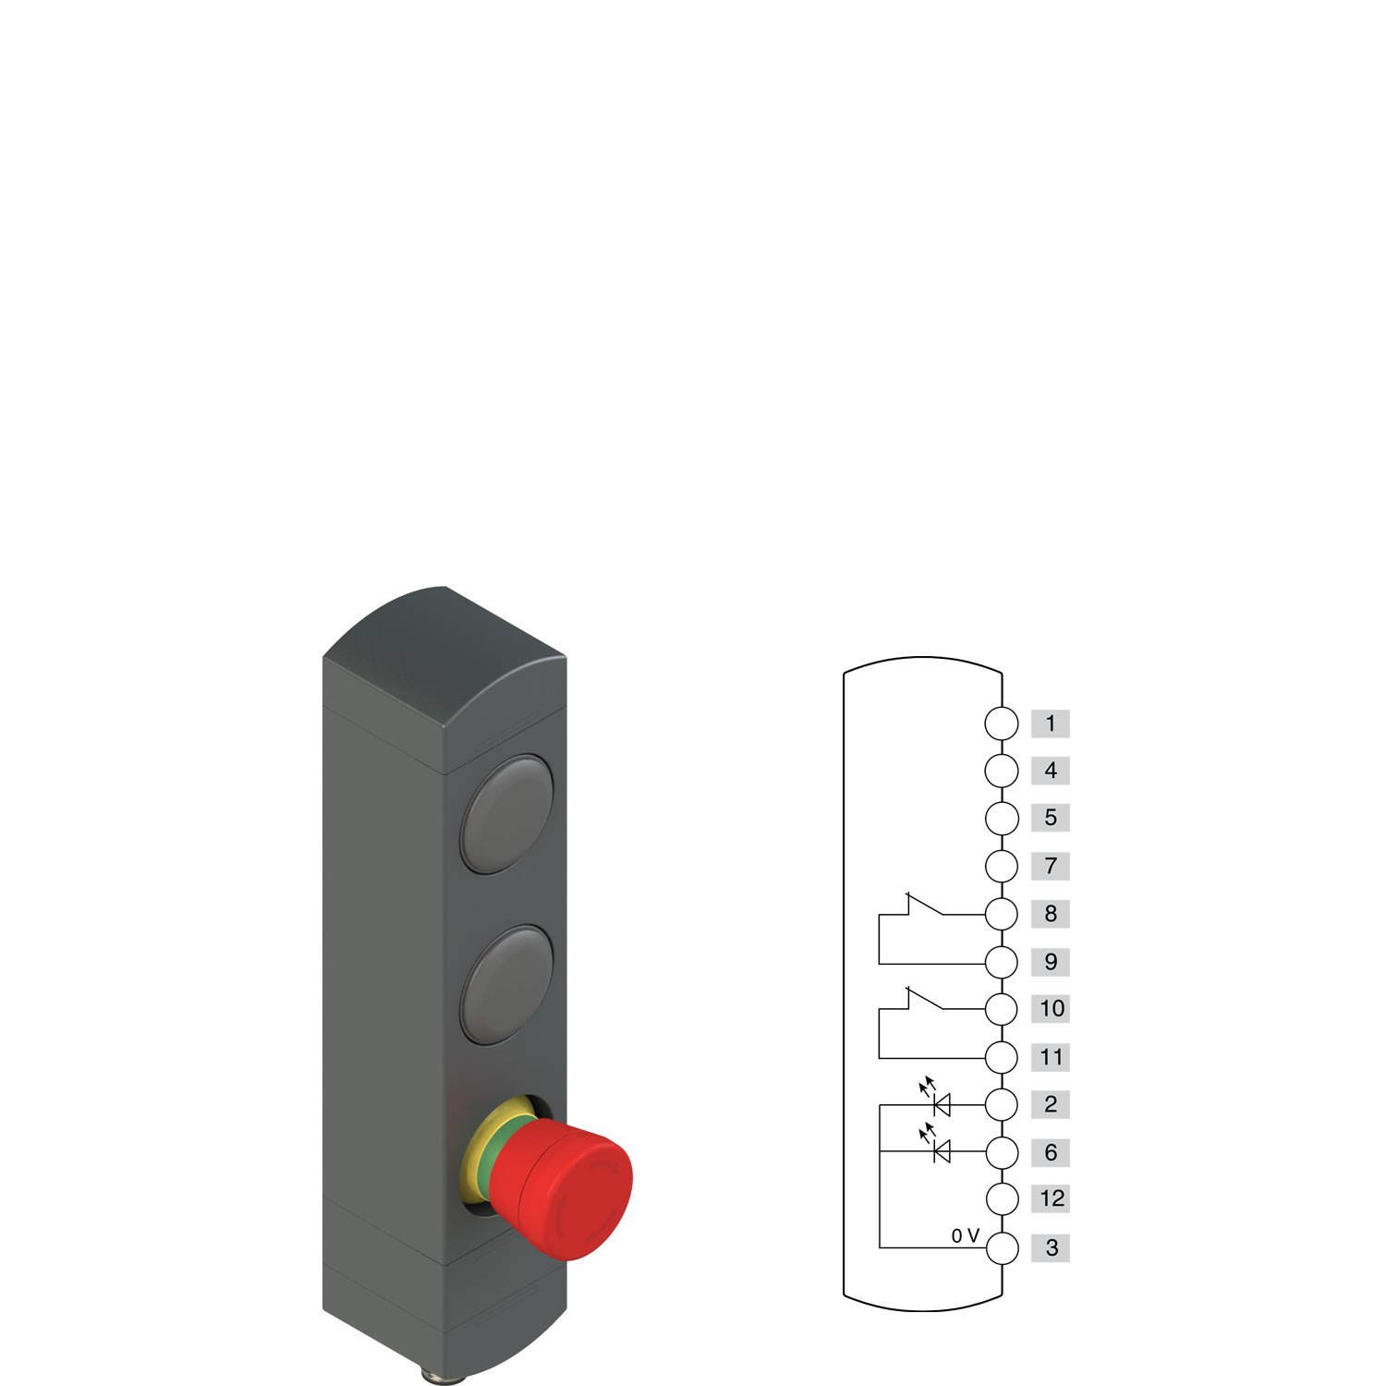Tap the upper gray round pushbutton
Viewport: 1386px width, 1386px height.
506,814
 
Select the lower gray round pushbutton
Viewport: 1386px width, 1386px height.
506,986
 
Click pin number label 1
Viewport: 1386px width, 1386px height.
1050,723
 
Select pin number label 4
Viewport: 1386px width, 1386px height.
1050,771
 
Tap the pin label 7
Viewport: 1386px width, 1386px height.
1050,867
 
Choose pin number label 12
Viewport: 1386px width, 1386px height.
1051,1199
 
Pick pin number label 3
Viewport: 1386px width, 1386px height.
1051,1248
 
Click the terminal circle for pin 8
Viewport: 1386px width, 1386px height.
1002,914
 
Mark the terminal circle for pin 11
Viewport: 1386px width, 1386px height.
1002,1057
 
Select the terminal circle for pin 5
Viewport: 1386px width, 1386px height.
1002,819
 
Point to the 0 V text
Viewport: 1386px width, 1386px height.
965,1236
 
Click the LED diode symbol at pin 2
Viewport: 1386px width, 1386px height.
942,1103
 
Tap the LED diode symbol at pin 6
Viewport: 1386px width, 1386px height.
942,1151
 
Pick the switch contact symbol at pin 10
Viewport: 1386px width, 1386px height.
924,1002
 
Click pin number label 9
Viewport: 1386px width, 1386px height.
1050,962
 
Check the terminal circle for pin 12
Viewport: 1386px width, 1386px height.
1002,1199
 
